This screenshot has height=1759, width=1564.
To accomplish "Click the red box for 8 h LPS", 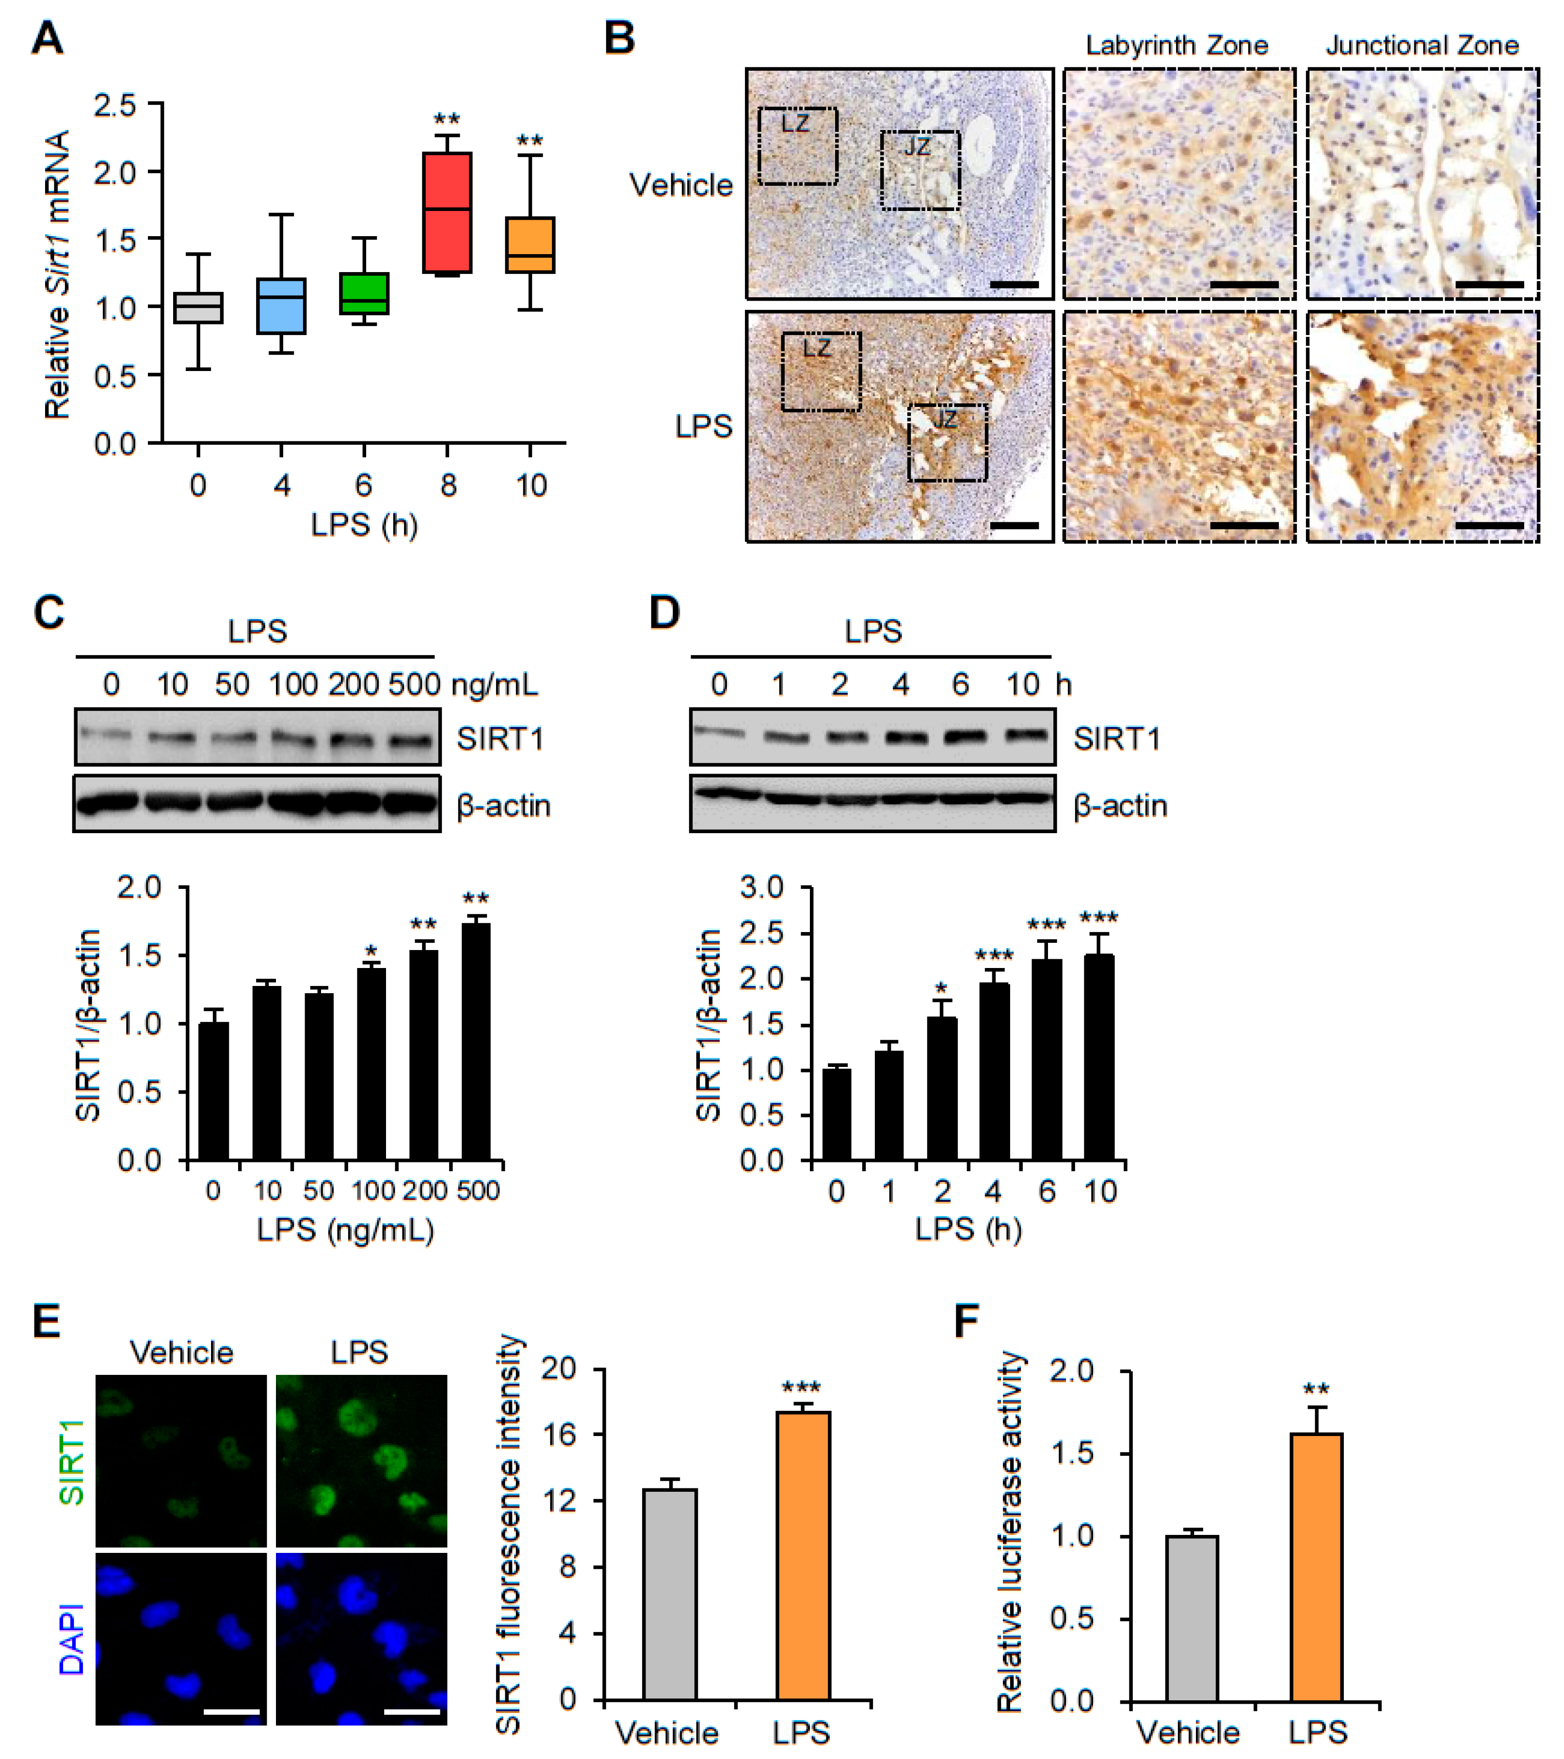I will pyautogui.click(x=447, y=212).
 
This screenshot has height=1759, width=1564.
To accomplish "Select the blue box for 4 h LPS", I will pyautogui.click(x=281, y=306).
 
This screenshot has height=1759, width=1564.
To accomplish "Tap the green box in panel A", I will pyautogui.click(x=364, y=293).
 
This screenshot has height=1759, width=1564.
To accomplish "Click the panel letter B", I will pyautogui.click(x=620, y=39).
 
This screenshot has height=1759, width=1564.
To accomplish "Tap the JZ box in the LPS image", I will pyautogui.click(x=947, y=442).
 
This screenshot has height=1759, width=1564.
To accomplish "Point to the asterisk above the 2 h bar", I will pyautogui.click(x=942, y=988).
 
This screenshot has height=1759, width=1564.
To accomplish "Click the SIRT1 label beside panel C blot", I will pyautogui.click(x=500, y=738).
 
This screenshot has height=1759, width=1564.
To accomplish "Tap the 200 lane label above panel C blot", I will pyautogui.click(x=354, y=684).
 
